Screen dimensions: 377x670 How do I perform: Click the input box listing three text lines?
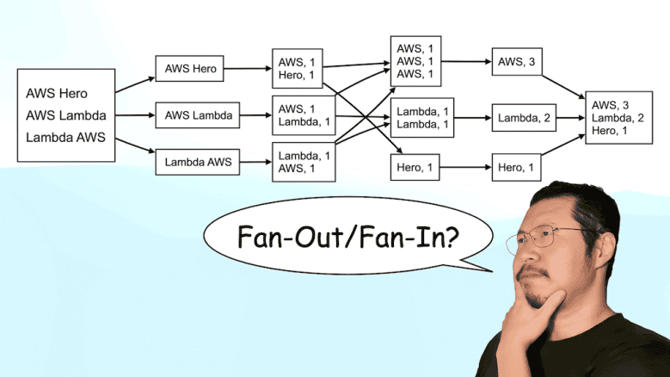click(x=66, y=115)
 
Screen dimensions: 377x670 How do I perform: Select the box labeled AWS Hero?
click(x=189, y=69)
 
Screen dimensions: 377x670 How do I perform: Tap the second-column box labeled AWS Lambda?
click(x=198, y=115)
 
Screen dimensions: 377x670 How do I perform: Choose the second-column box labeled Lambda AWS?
click(x=198, y=161)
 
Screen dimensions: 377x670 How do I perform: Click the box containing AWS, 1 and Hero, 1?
click(x=298, y=69)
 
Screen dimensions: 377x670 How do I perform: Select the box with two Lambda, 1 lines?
click(x=421, y=118)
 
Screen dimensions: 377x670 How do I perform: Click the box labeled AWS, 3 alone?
click(x=517, y=61)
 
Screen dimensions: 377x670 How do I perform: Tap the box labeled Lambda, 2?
click(x=523, y=118)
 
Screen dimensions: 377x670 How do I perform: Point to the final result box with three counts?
click(x=612, y=117)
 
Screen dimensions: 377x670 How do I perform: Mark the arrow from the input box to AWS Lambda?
click(x=135, y=115)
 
